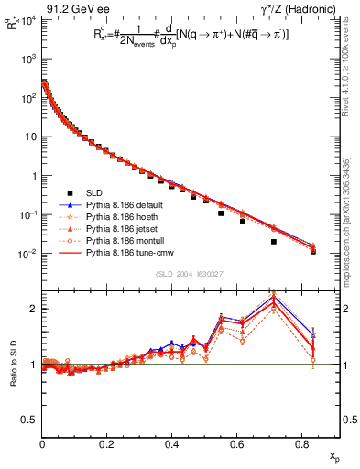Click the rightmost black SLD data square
(313, 251)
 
